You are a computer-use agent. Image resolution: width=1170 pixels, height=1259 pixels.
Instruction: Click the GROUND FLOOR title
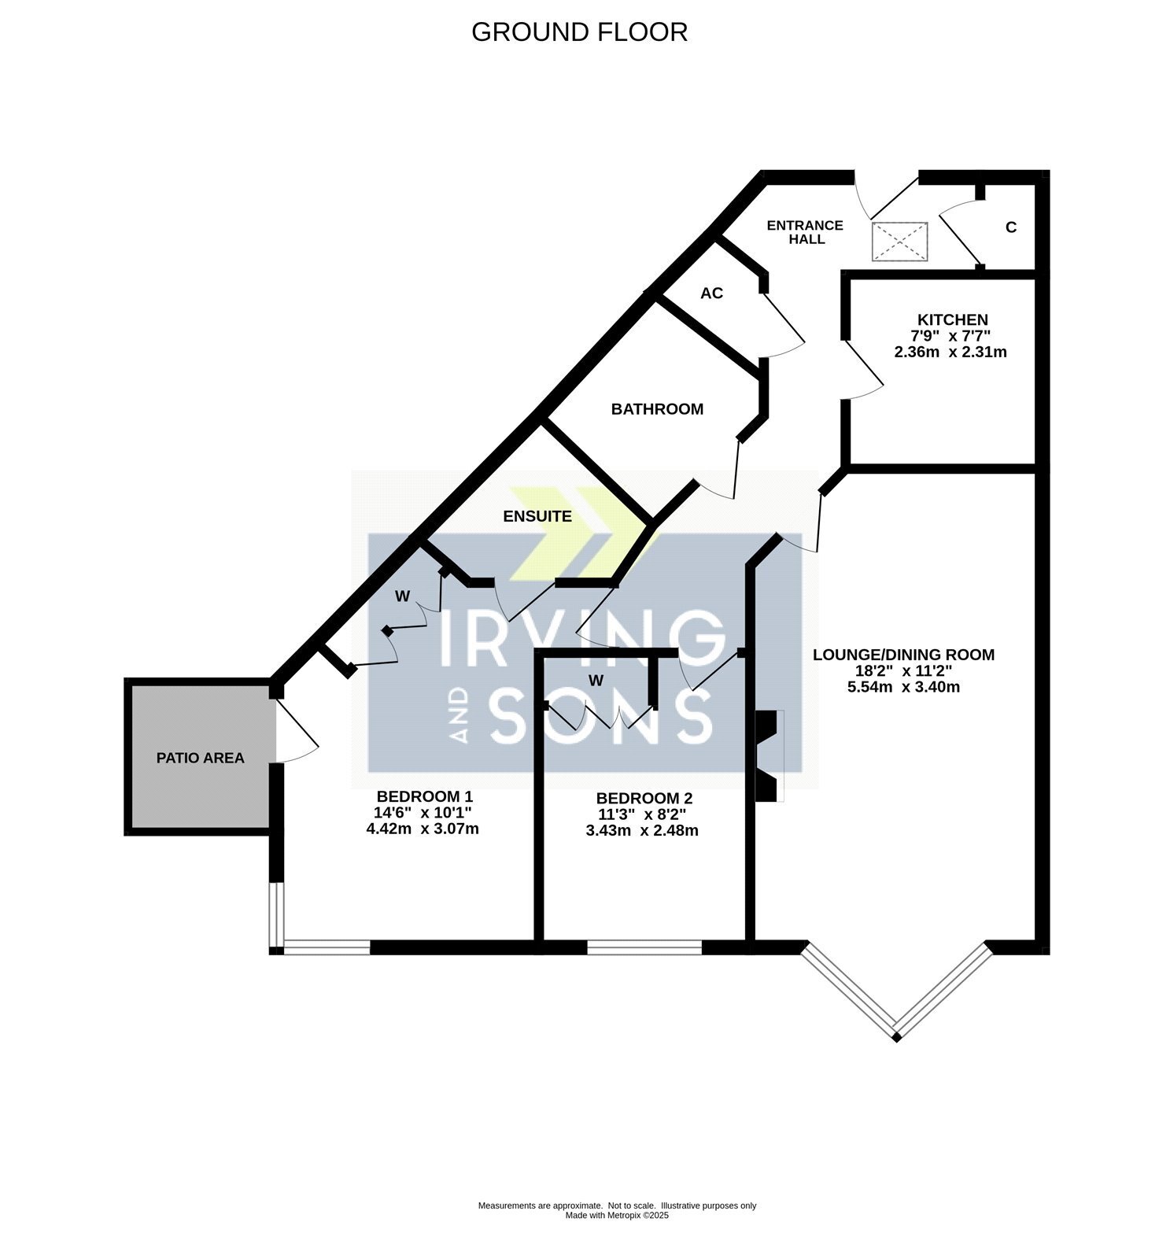(579, 32)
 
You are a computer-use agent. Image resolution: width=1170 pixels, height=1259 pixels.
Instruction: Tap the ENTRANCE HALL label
(805, 232)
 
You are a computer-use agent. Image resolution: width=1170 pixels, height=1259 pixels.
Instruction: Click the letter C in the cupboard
(1011, 227)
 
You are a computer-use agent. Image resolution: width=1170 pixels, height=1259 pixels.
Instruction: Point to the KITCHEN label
(953, 319)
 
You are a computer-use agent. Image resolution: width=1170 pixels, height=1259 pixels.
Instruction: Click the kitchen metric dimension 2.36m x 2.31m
(950, 352)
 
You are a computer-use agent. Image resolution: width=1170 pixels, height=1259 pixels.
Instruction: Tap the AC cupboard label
(711, 294)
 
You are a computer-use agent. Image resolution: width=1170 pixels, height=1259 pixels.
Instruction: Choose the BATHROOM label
(657, 409)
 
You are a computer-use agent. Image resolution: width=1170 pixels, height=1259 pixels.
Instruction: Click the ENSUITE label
(537, 516)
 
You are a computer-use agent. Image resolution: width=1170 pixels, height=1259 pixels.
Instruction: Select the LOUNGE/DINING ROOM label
(903, 655)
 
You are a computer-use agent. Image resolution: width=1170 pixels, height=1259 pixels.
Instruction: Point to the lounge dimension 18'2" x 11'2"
(904, 671)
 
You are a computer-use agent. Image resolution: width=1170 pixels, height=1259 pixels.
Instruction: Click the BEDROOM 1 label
(425, 796)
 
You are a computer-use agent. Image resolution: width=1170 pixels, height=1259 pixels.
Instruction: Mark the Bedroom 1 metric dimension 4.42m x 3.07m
(423, 829)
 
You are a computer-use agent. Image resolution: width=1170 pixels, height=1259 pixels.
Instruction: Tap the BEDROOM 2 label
(644, 799)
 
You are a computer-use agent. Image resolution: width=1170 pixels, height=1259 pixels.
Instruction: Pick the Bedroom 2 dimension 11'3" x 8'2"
(644, 814)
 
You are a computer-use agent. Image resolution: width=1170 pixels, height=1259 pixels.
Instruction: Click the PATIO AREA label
(201, 758)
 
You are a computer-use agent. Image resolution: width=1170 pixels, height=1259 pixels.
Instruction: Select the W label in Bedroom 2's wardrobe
(596, 681)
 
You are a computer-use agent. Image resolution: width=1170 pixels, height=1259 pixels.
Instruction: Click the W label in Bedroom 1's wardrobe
(402, 596)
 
